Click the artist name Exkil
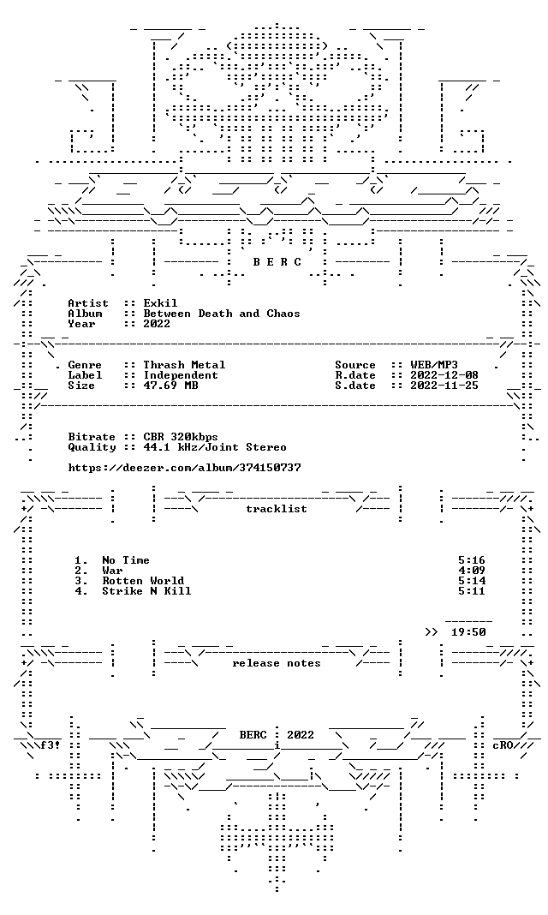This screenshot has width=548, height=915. pos(160,303)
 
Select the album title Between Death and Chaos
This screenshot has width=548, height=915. pos(222,314)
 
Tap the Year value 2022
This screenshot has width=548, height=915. pos(157,324)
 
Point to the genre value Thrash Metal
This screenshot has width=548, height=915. pos(184,365)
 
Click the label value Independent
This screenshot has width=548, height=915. pos(181,375)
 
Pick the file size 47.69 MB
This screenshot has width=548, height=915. pos(170,386)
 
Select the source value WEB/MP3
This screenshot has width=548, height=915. pos(434,365)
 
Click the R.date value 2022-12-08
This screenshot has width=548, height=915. pos(444,375)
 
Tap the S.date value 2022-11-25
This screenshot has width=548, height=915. pos(444,386)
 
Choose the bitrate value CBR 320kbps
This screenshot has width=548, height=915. pos(181,437)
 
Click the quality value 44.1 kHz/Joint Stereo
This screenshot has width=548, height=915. pos(215,447)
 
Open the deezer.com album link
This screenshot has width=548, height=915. pos(184,468)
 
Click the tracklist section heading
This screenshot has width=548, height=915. pos(277,509)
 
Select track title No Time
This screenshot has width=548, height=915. pos(126,560)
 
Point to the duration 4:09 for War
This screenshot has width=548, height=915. pos(472,571)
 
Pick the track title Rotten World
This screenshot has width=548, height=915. pos(143,581)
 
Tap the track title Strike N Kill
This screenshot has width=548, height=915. pos(146,591)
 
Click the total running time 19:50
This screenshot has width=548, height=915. pos(468,632)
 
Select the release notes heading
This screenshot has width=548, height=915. pos(277,663)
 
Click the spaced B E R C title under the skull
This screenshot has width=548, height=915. pos(277,262)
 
